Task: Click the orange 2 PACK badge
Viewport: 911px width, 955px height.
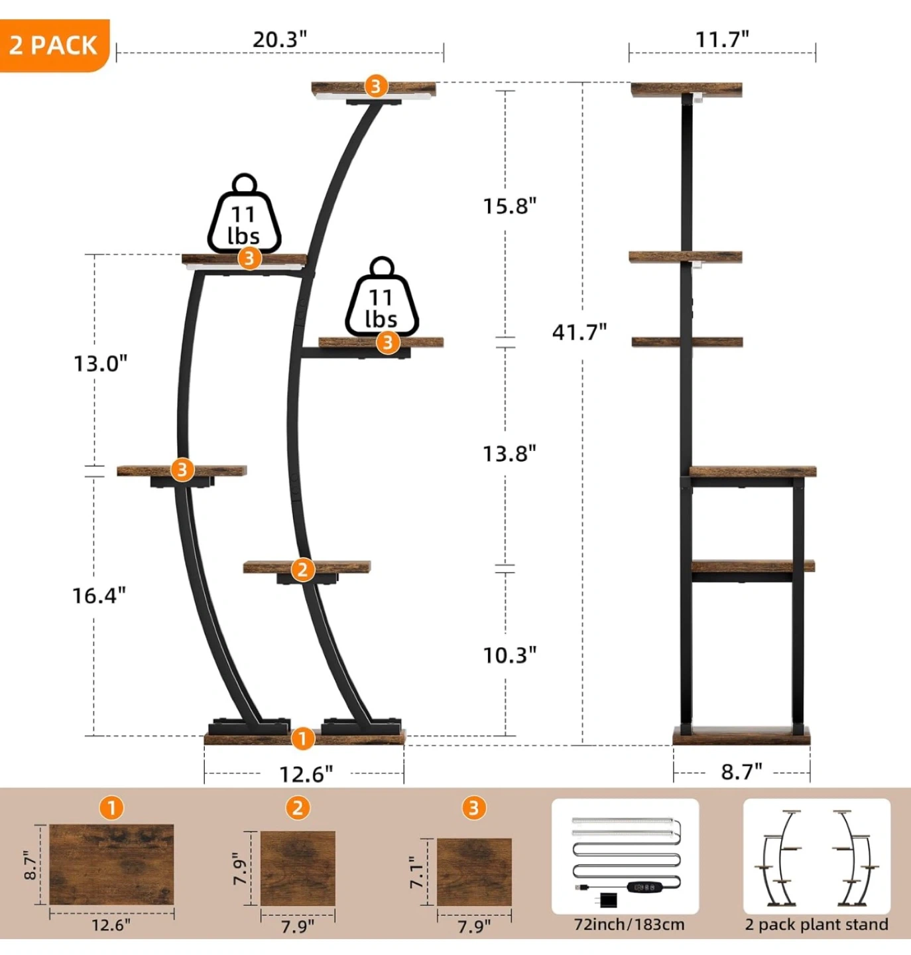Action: pos(54,45)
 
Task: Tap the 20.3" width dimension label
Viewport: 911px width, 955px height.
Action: pos(280,40)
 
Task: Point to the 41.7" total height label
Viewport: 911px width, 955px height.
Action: pos(579,333)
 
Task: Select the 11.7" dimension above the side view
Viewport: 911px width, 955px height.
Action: pos(723,40)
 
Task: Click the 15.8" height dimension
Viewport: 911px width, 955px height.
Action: pos(509,206)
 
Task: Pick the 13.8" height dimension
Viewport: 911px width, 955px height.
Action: pos(509,454)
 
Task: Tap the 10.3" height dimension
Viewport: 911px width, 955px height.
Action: pos(509,655)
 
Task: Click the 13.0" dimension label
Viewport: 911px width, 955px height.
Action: pos(101,363)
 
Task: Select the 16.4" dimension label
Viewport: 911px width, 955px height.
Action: pos(99,596)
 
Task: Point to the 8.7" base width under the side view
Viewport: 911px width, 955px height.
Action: pos(741,771)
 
